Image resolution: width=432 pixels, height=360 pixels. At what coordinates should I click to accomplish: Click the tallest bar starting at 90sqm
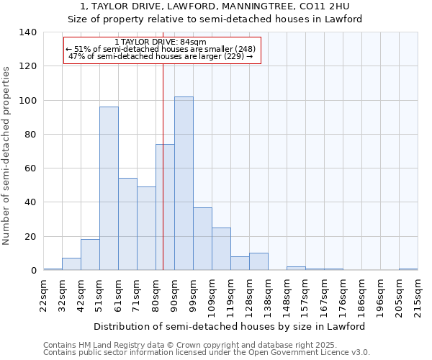184,184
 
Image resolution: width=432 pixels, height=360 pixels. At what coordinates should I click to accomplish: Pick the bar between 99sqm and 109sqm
202,239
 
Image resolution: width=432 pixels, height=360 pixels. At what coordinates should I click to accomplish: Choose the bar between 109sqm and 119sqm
221,249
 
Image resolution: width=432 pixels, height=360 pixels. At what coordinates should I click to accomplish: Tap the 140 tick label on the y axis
28,32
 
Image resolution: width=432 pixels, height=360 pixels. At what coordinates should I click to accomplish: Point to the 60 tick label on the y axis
31,168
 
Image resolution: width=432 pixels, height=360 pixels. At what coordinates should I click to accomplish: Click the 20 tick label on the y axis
31,236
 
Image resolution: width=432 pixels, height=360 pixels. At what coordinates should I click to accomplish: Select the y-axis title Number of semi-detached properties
6,155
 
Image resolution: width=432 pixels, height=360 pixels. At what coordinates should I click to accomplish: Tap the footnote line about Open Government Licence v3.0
206,353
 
